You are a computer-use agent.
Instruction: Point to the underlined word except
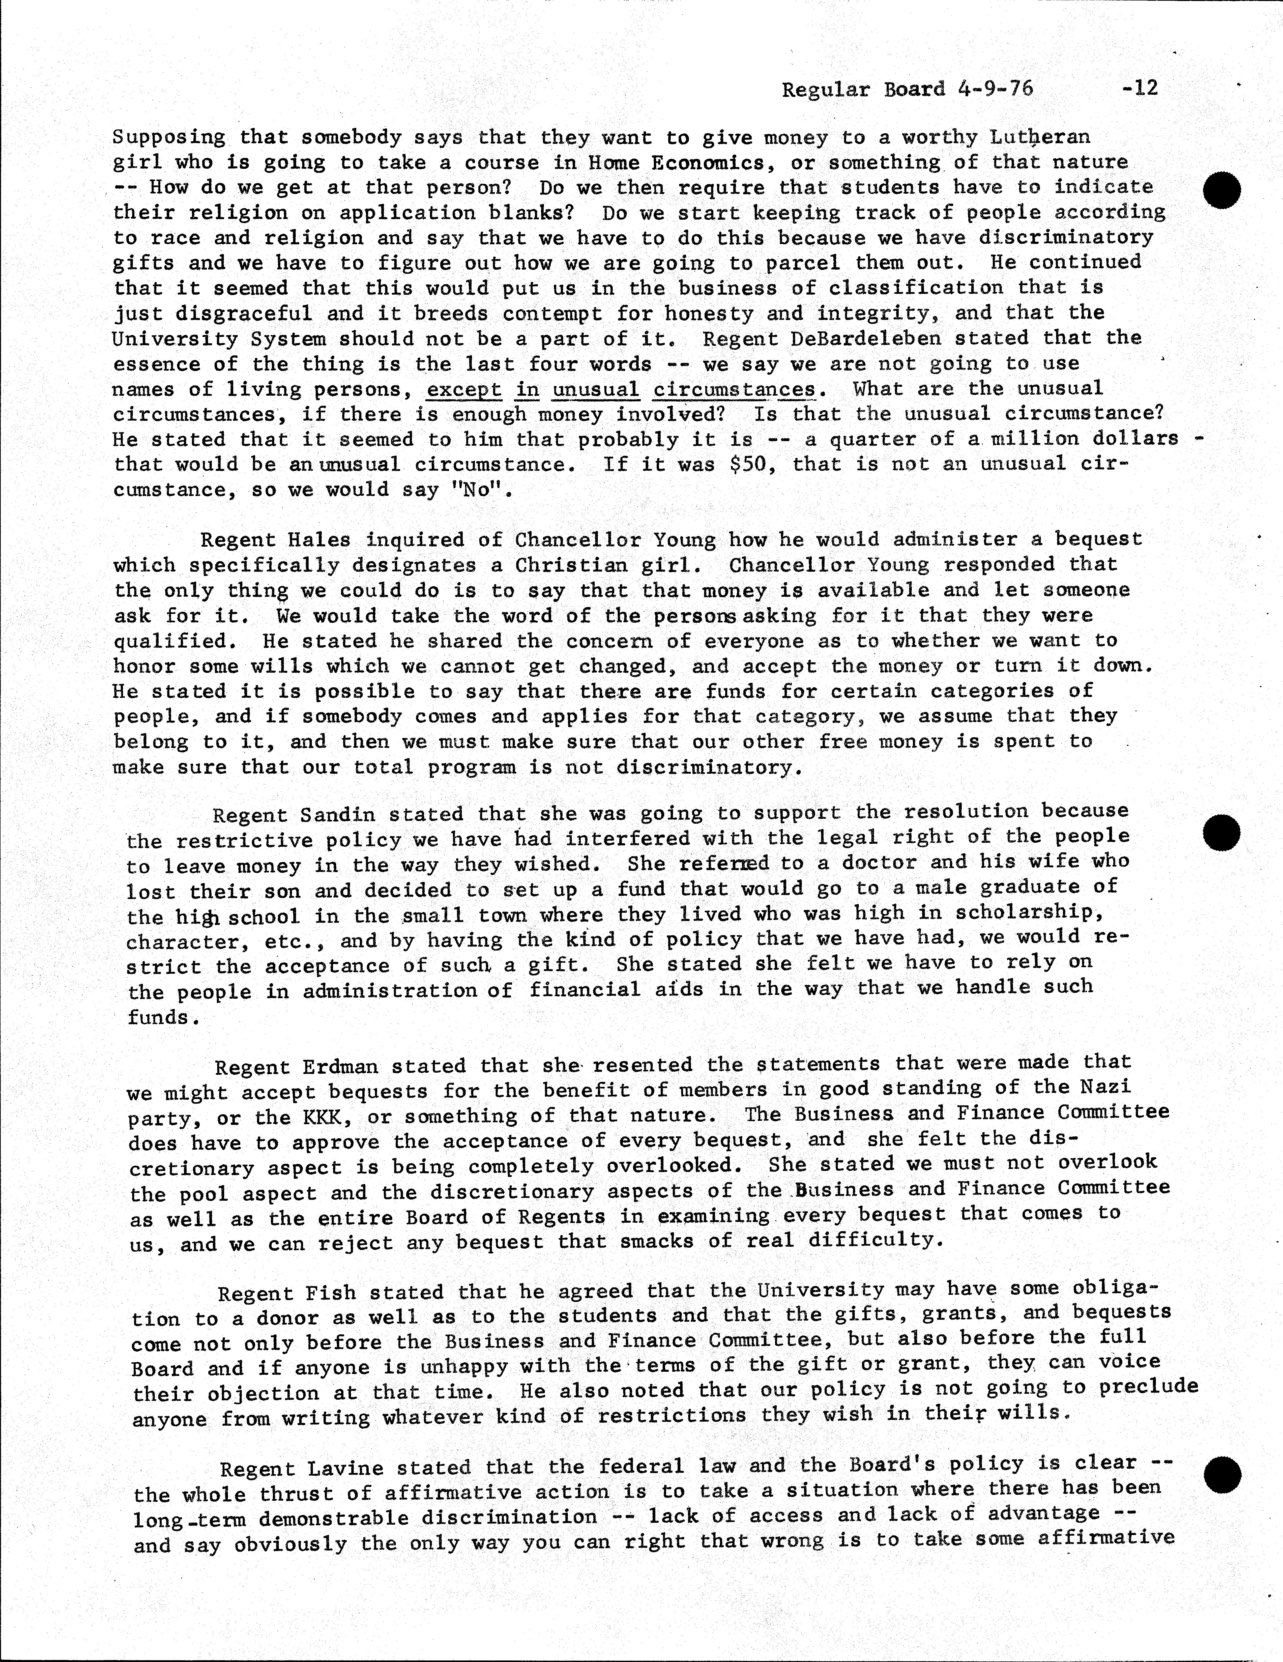pos(464,390)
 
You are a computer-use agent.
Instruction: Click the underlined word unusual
pos(595,390)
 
